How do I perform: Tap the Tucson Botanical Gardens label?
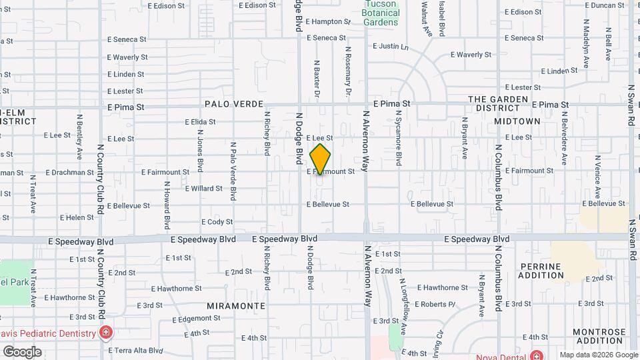381,13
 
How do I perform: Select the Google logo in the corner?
22,352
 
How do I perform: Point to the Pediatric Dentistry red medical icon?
105,332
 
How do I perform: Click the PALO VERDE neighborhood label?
234,105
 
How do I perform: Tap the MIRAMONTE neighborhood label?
236,306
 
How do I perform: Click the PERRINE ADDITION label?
541,271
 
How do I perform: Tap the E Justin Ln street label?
390,47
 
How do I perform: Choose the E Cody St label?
217,222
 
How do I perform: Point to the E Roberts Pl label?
435,305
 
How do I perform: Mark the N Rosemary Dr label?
348,67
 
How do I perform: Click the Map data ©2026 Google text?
598,355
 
